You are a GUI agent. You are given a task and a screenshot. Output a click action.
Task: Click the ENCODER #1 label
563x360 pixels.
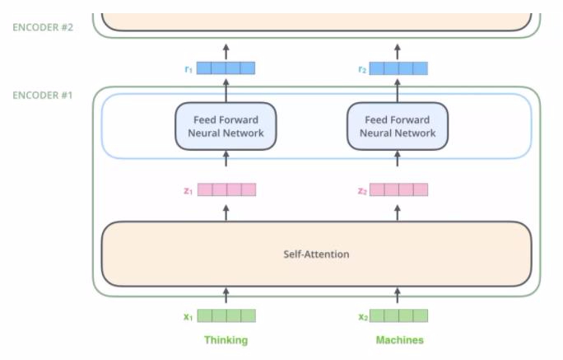point(43,96)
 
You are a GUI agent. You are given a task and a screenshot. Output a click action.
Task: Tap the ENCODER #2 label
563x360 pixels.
point(43,27)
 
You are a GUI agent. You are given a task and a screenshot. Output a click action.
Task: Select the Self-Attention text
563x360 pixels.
point(316,255)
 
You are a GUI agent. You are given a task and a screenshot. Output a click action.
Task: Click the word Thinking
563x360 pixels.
point(226,340)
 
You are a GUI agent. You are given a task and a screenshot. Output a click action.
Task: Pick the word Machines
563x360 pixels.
point(400,340)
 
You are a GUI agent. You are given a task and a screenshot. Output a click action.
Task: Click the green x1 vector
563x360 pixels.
point(226,316)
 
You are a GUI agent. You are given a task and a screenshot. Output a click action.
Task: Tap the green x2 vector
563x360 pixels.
point(398,316)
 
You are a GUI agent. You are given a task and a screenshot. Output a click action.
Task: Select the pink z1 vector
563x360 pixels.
point(227,189)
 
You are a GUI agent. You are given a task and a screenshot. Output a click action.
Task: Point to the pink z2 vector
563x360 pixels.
point(398,189)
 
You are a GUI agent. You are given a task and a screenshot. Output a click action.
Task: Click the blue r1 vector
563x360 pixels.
point(226,68)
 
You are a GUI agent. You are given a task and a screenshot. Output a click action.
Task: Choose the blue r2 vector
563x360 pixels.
point(398,68)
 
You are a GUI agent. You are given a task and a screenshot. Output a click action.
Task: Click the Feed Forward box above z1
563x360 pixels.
point(226,126)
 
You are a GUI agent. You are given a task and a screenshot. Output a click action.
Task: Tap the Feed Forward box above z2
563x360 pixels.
point(398,126)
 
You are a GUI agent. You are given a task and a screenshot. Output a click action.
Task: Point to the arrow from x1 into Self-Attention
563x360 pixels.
point(226,295)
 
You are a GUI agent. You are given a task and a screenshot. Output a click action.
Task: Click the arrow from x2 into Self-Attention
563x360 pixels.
point(397,295)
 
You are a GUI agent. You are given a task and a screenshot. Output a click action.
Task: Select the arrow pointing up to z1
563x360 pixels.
point(226,213)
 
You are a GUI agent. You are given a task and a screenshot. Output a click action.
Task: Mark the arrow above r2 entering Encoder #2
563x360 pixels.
point(397,52)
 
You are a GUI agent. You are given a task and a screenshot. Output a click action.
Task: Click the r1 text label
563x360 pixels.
point(188,69)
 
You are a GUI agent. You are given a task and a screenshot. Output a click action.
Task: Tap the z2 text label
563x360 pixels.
point(362,191)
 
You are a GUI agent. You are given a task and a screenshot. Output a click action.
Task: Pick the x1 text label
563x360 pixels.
point(188,317)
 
